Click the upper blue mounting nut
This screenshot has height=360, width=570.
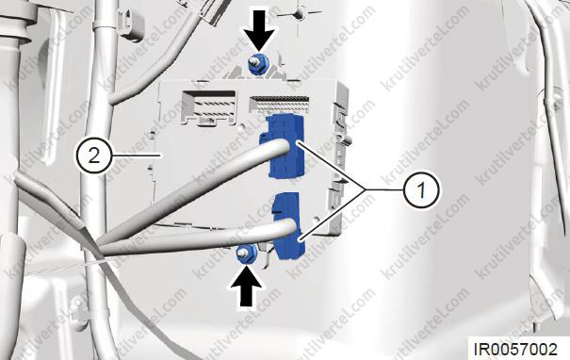click(255, 65)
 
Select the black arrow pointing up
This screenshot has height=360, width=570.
click(246, 286)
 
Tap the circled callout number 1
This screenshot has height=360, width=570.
click(421, 190)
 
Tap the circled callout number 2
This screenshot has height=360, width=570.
click(94, 156)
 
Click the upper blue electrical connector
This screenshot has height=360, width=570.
click(283, 146)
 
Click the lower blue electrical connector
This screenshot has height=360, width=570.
click(287, 226)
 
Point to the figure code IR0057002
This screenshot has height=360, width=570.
click(515, 349)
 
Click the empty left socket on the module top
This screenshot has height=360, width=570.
click(208, 106)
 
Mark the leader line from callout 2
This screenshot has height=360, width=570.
click(137, 156)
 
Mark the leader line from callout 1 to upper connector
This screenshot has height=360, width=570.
click(332, 166)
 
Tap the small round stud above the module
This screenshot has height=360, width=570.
click(300, 13)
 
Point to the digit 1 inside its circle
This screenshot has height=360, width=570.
click(421, 190)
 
